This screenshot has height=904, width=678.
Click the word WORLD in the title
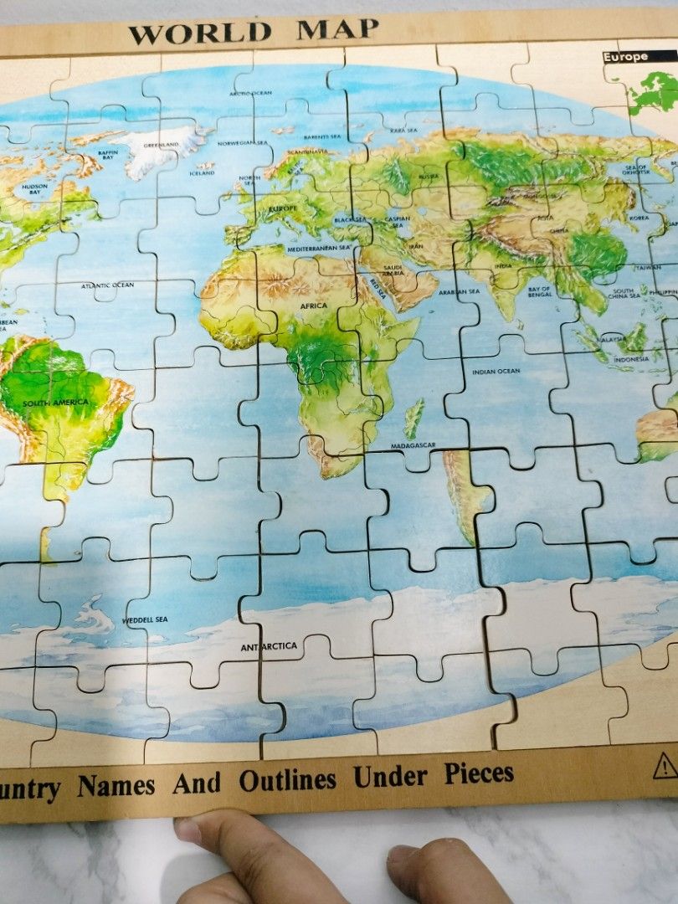(x=200, y=33)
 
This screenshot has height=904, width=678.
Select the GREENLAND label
(x=162, y=145)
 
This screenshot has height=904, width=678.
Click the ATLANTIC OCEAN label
(x=107, y=285)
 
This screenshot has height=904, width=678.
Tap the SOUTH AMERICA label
(x=55, y=403)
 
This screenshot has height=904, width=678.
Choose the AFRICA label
(x=314, y=306)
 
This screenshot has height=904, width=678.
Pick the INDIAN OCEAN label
(x=496, y=371)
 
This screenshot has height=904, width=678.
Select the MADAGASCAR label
(x=413, y=445)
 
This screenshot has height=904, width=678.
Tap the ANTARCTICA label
(x=269, y=646)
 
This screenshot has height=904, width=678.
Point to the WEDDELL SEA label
(x=145, y=619)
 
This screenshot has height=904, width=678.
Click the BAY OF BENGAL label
(x=539, y=292)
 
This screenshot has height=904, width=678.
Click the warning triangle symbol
(x=665, y=766)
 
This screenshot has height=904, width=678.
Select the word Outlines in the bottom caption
(x=287, y=780)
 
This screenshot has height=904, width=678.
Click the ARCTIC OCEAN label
(x=251, y=93)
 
